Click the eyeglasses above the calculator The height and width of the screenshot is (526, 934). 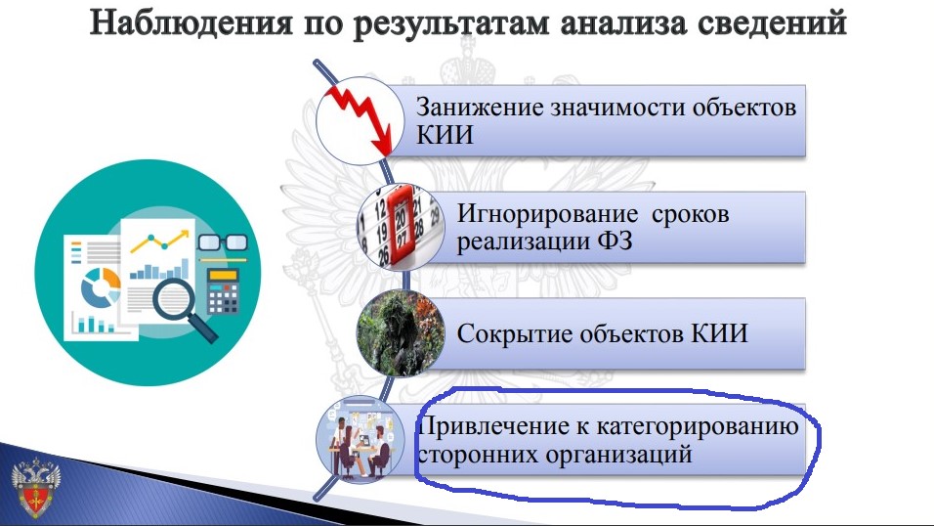pyautogui.click(x=223, y=243)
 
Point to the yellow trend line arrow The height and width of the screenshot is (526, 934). pyautogui.click(x=160, y=240)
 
